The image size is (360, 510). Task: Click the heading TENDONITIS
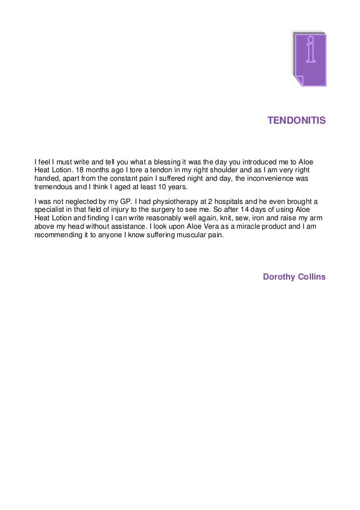pos(296,121)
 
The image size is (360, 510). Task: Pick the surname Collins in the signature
pos(312,276)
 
